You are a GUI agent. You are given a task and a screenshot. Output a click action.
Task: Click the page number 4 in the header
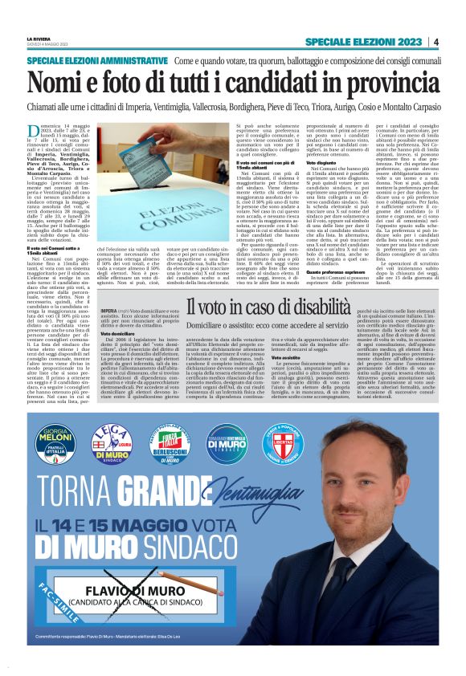pos(435,42)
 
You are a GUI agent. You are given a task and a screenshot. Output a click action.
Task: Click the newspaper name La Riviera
pos(39,38)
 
